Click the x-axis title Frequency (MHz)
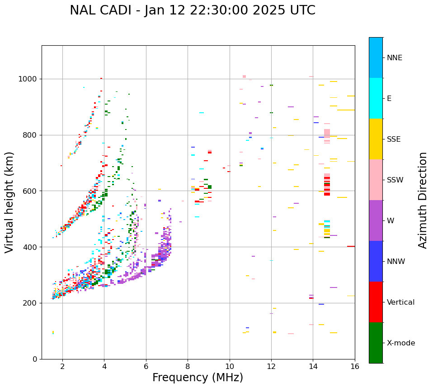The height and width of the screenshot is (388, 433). point(198,378)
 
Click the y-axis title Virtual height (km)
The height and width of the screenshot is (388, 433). point(9,202)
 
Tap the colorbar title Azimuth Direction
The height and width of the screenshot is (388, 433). point(423,200)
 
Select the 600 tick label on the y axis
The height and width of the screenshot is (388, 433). point(31,191)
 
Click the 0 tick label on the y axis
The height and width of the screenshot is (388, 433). point(35,359)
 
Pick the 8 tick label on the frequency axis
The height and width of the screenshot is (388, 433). point(188,366)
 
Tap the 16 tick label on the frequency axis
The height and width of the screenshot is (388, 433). point(355,366)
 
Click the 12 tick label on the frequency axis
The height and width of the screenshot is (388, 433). point(271,366)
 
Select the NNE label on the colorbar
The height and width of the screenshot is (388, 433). point(394,58)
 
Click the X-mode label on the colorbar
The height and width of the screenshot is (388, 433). point(401,343)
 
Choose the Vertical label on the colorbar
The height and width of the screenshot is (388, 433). point(400,302)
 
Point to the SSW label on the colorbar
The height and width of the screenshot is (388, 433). point(395,180)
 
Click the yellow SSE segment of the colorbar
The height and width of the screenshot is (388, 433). point(376,139)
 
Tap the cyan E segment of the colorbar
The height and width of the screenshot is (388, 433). point(376,98)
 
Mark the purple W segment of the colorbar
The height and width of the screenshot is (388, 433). point(376,220)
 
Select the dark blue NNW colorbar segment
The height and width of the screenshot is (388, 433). point(376,261)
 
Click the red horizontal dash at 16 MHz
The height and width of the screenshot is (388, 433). point(351,246)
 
